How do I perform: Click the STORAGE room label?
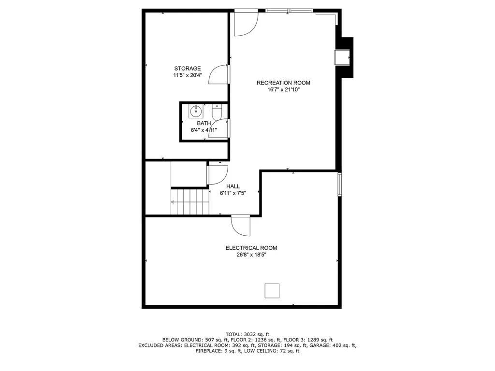point(188,69)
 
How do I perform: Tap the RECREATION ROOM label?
point(283,83)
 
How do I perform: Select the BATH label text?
point(204,123)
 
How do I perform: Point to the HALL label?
point(233,186)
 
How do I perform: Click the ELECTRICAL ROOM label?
point(251,248)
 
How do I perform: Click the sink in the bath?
point(196,112)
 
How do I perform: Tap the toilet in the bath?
point(217,112)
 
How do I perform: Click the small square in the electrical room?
point(272,291)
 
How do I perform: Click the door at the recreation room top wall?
point(246,23)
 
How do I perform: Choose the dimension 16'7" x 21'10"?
point(283,89)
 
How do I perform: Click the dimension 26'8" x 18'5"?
point(251,255)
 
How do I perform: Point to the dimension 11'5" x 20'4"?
point(188,75)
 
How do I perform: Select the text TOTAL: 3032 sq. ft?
point(247,334)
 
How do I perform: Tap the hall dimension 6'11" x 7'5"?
point(233,193)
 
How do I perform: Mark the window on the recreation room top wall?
point(289,10)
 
